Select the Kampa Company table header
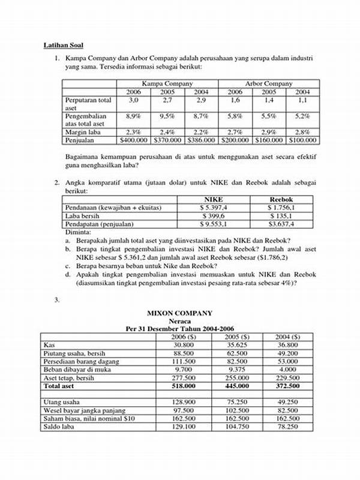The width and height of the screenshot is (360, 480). tap(167, 83)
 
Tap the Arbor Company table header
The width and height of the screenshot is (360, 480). tap(269, 83)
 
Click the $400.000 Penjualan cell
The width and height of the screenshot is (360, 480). tap(134, 140)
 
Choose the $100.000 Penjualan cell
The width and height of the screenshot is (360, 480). tap(303, 140)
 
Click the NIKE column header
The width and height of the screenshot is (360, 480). tap(214, 199)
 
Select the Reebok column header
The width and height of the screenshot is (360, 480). tap(281, 199)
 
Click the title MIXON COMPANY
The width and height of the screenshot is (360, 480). tap(180, 313)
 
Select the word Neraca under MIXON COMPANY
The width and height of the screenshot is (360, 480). tap(180, 322)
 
